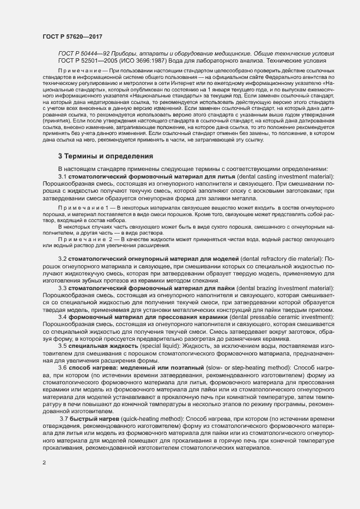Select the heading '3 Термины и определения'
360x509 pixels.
106,156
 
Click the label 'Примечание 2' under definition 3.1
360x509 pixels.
87,239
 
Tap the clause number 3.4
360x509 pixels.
63,316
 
